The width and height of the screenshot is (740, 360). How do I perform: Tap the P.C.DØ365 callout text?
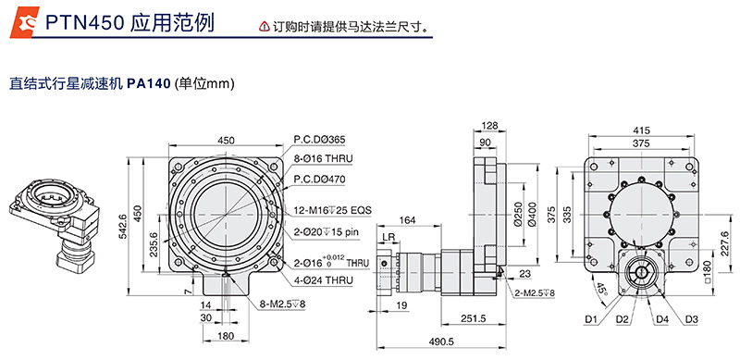[x=319, y=140]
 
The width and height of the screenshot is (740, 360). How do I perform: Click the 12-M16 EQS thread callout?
[x=332, y=209]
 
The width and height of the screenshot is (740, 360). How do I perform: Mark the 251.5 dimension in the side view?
[x=472, y=319]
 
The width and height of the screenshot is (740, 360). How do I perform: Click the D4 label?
[x=662, y=319]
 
